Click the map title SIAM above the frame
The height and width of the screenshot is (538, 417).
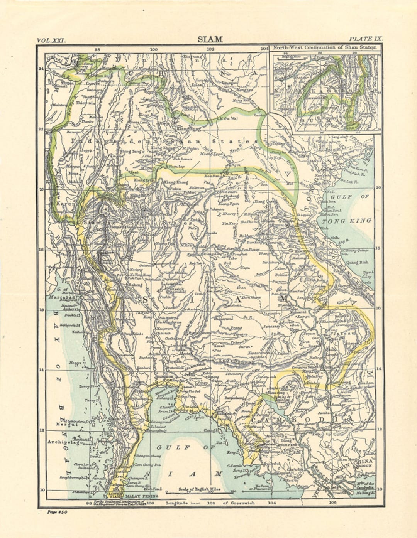(210, 39)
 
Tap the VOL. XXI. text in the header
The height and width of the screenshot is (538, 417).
(52, 40)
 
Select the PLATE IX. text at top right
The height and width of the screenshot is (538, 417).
(365, 39)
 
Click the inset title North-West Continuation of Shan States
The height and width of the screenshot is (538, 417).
(324, 48)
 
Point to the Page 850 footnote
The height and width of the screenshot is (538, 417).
(57, 512)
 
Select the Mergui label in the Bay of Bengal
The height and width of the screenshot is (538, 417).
(64, 424)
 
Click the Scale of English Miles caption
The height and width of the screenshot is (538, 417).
(200, 489)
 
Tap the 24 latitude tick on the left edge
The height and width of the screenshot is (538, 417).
(41, 69)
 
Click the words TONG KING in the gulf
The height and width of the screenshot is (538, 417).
(347, 221)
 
